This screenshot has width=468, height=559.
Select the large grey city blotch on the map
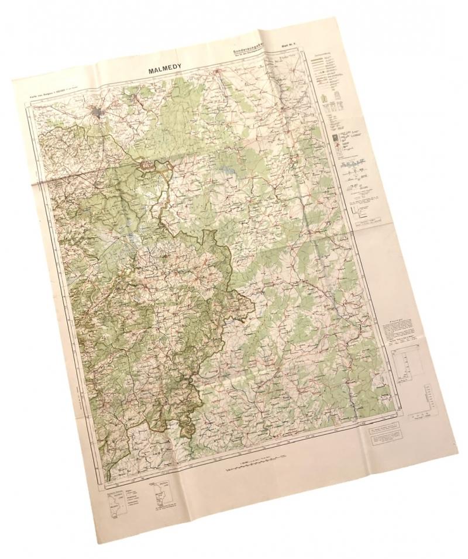click(x=97, y=112)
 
